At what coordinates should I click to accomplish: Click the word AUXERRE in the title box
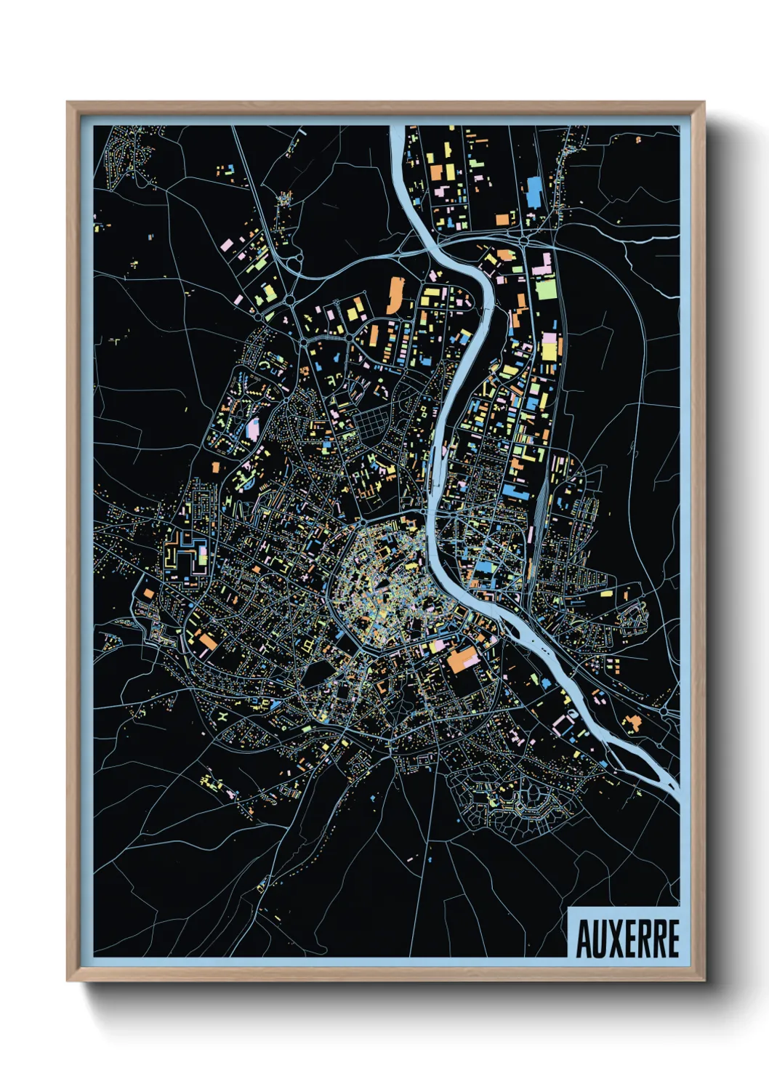coord(627,939)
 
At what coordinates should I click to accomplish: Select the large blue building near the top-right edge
coord(534,190)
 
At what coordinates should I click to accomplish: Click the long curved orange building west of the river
coord(395,294)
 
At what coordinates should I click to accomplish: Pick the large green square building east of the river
coord(546,289)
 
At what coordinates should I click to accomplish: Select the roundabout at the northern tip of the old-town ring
coord(361,522)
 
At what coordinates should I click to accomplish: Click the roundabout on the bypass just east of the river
coord(523,240)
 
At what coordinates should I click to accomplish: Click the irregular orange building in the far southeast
coord(632,722)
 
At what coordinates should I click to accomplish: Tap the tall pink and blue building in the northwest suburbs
coord(253,427)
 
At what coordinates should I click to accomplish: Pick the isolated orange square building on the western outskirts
coord(215,467)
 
